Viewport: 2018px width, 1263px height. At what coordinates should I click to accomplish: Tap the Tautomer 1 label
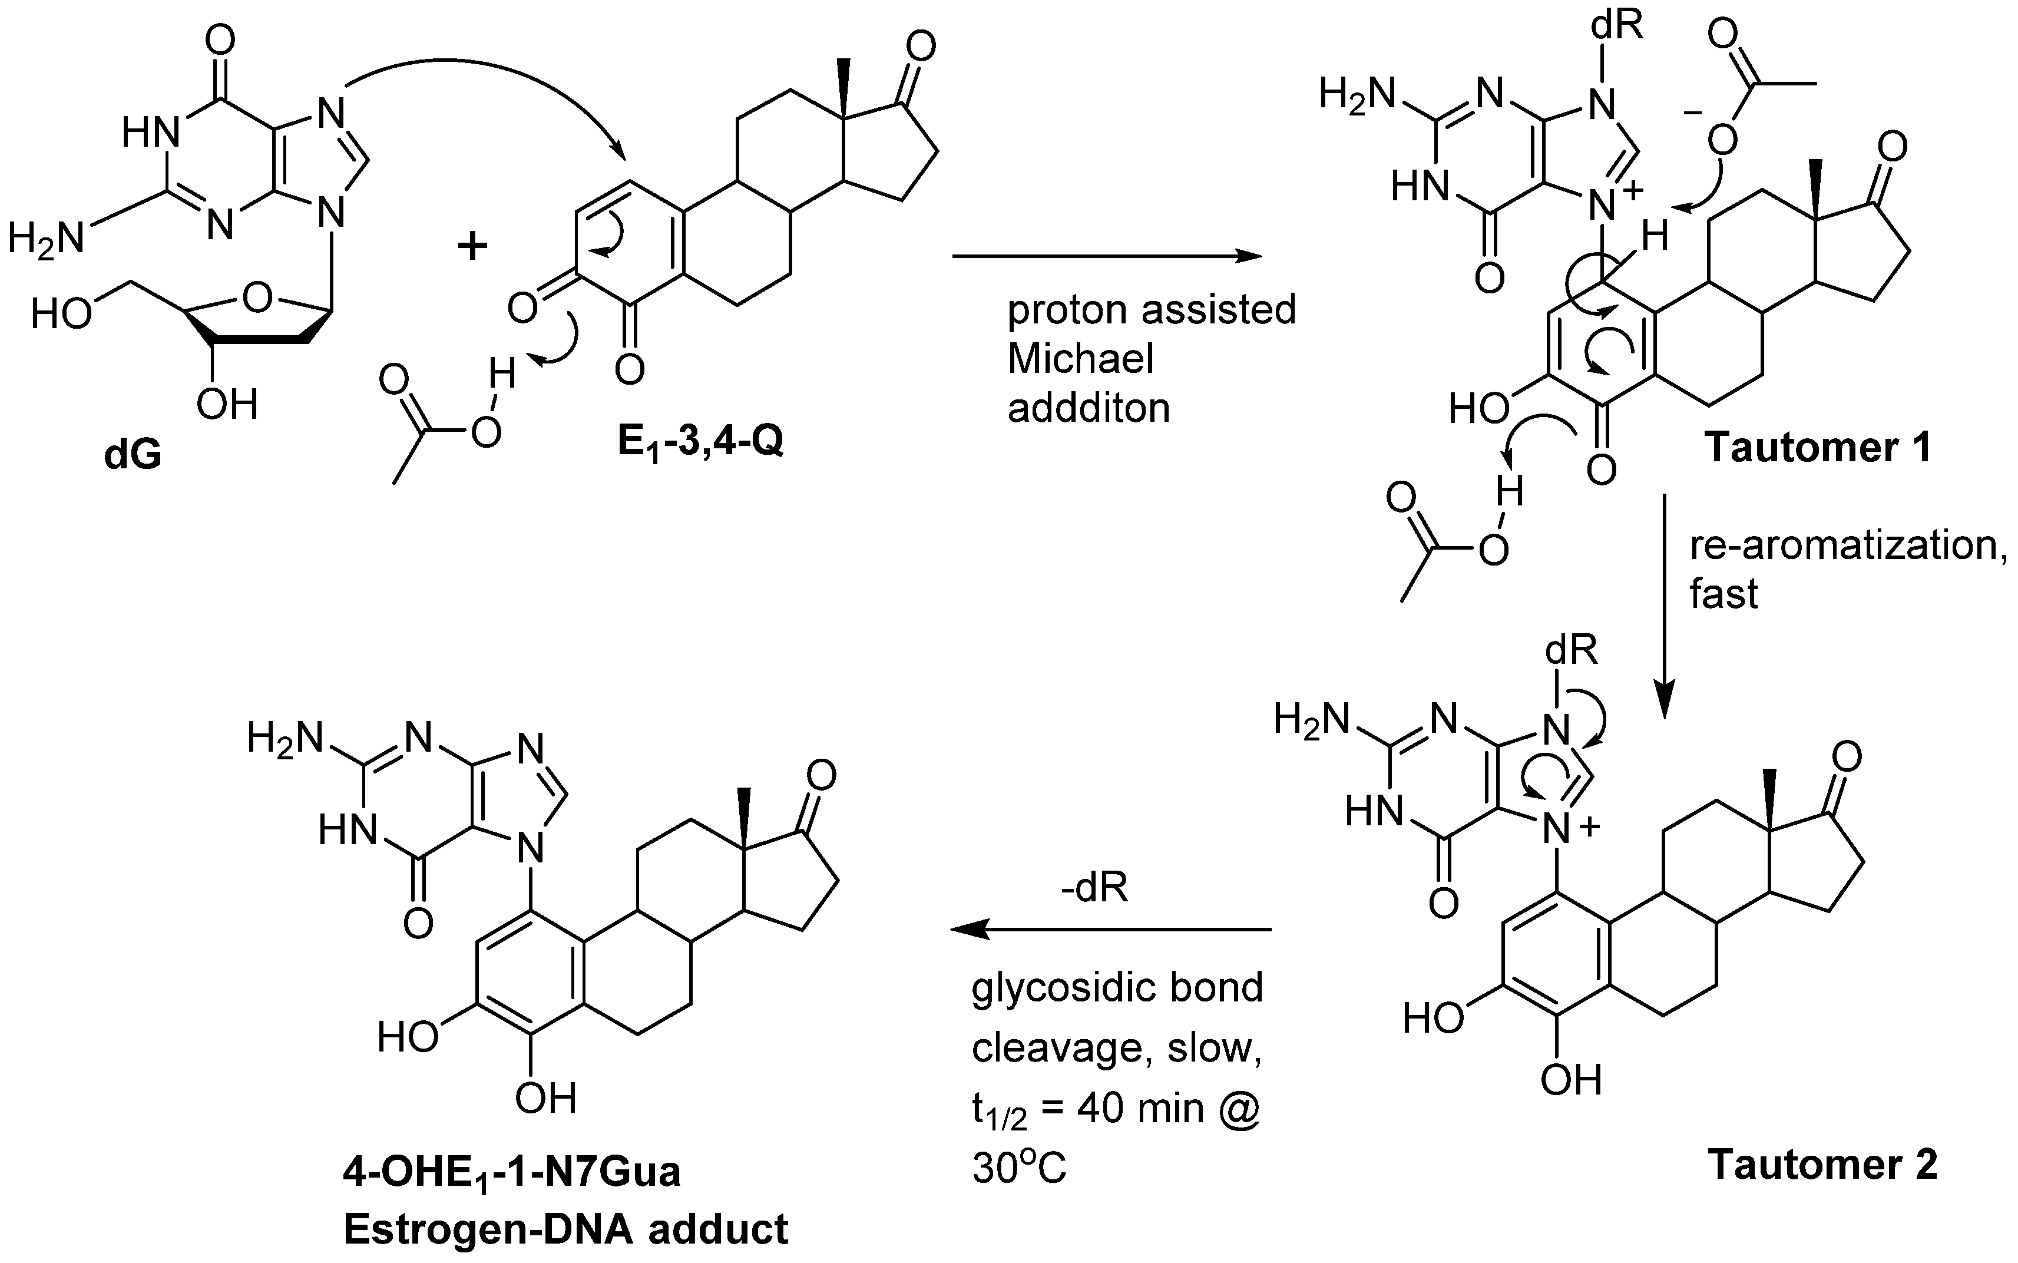click(1818, 447)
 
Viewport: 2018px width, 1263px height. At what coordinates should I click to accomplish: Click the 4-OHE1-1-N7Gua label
click(511, 1172)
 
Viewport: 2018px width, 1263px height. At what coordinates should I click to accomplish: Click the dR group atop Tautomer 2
click(1571, 650)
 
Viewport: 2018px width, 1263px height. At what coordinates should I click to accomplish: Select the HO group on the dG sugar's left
click(61, 315)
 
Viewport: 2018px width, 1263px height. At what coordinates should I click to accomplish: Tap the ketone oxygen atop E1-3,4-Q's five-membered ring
click(921, 48)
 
